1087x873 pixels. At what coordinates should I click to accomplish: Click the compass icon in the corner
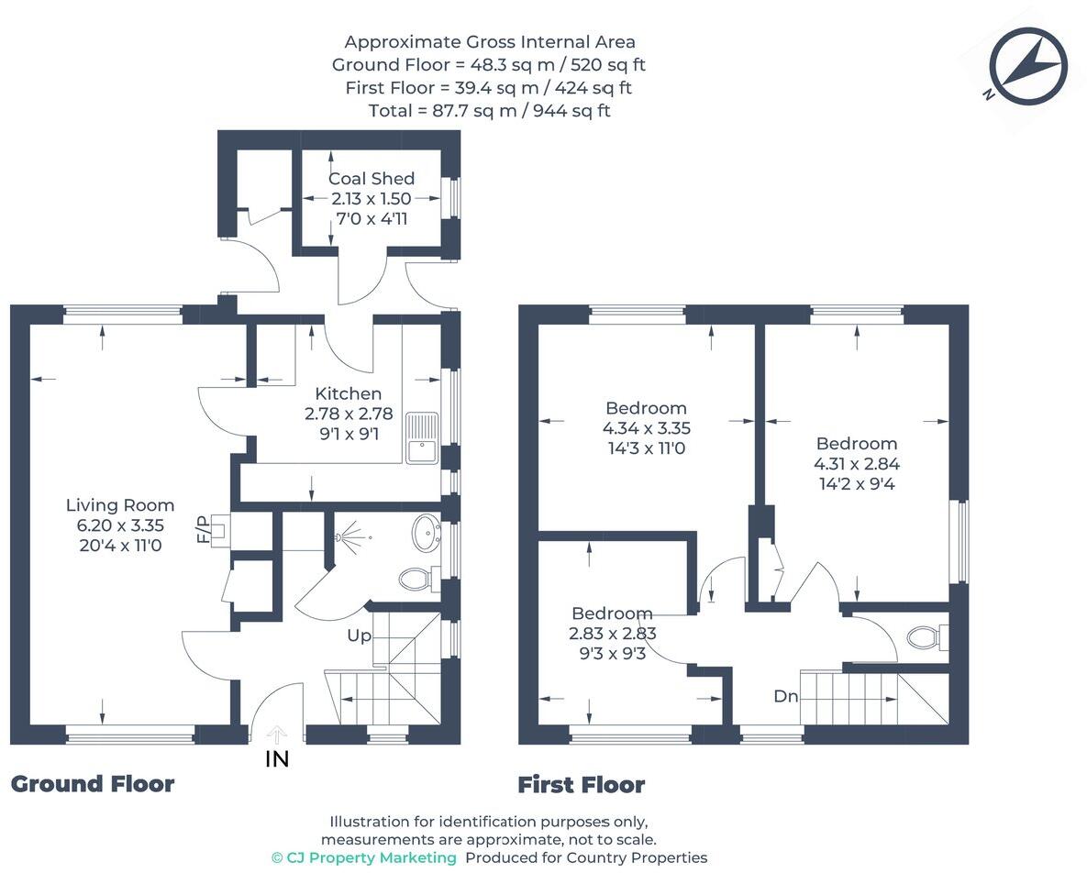[1028, 66]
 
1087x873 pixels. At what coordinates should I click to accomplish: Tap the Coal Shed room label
[372, 179]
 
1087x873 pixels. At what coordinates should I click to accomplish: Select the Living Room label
[120, 505]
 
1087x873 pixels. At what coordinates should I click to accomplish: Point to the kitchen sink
[423, 438]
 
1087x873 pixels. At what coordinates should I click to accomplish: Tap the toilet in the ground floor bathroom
[417, 580]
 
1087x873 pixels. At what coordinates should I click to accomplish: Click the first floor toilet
[923, 635]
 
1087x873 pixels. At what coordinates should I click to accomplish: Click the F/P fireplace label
[203, 529]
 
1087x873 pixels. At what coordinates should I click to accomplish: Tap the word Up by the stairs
[359, 635]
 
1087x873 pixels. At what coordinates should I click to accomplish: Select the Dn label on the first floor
[786, 696]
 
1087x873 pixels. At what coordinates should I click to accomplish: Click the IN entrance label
[277, 758]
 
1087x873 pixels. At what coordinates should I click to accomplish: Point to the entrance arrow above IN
[277, 734]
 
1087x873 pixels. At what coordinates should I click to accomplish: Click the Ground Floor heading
[93, 784]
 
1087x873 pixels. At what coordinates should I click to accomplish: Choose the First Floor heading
[582, 785]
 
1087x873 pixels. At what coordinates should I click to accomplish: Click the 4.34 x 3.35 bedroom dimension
[646, 428]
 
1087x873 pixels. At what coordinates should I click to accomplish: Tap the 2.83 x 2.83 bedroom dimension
[613, 634]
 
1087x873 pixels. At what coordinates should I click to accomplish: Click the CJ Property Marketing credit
[364, 857]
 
